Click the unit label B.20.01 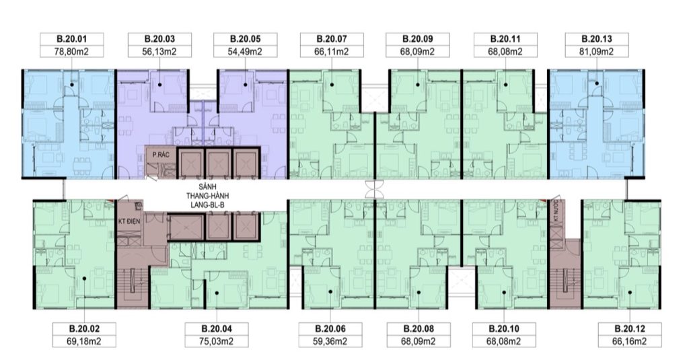coord(71,38)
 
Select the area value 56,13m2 coord(159,51)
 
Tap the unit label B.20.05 coord(245,38)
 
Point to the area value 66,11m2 coord(332,51)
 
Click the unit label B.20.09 coord(417,38)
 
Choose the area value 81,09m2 coord(596,51)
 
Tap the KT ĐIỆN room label coord(129,221)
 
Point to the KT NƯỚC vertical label coord(556,211)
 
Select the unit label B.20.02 coord(84,328)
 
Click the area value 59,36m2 coord(330,341)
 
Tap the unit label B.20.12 coord(630,328)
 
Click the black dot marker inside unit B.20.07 coord(332,84)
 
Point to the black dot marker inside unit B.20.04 coord(217,293)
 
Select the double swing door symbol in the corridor coord(374,190)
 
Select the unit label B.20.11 coord(505,38)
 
